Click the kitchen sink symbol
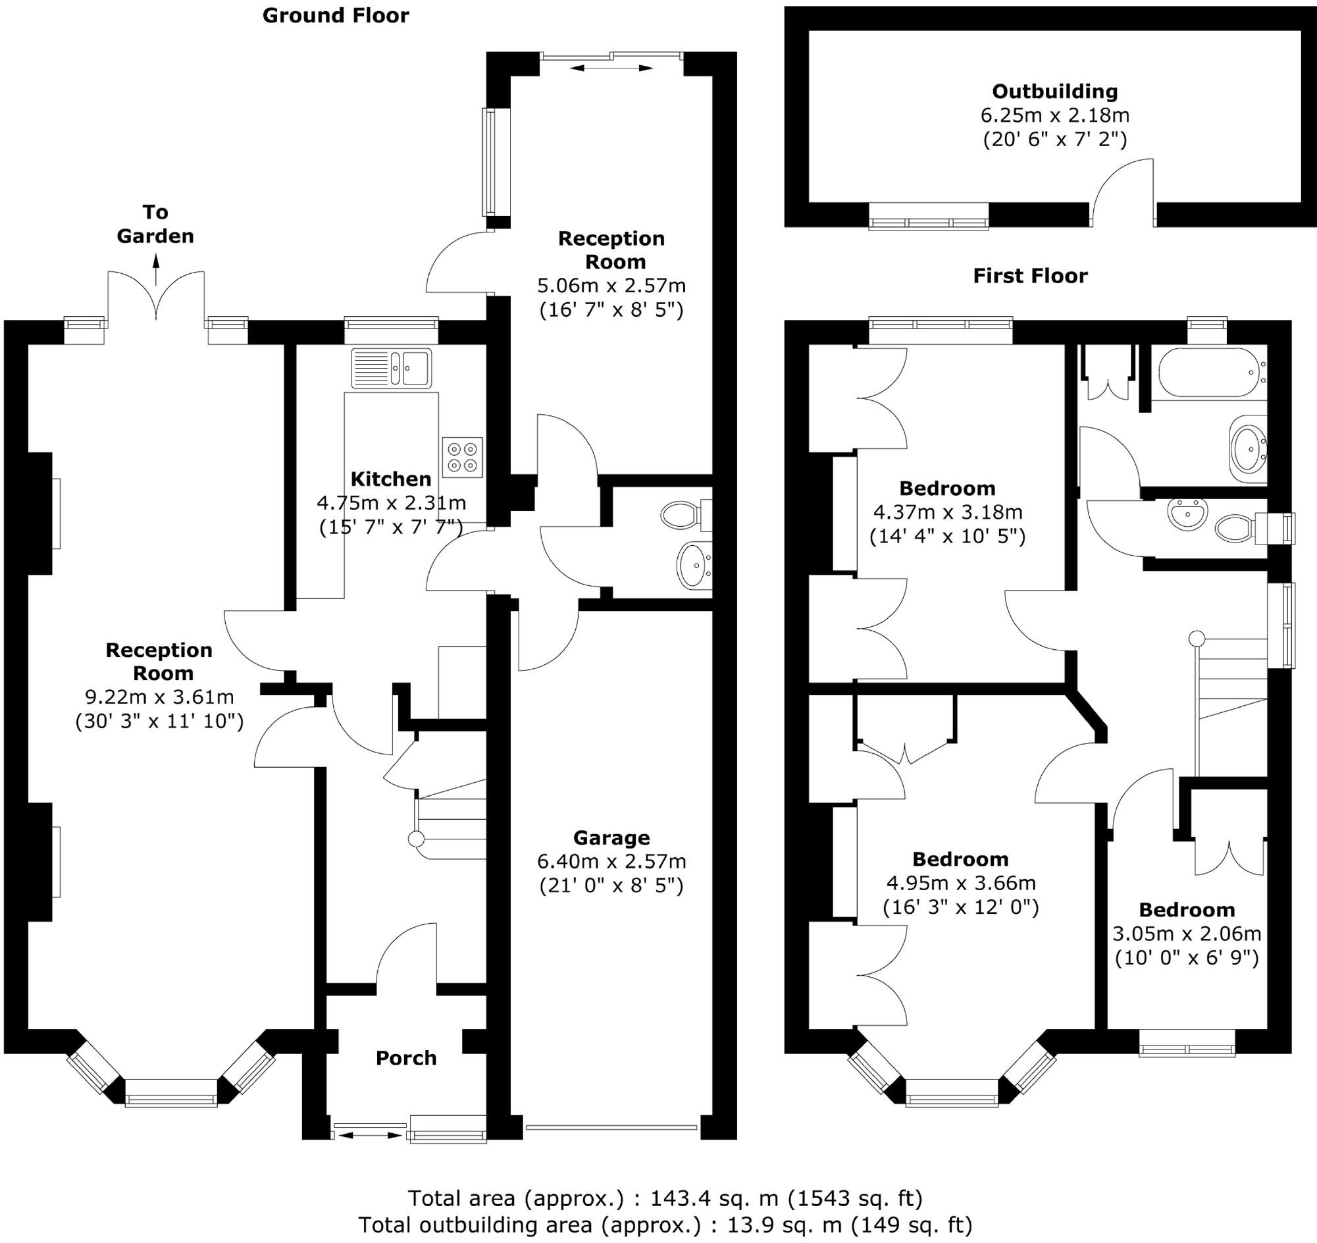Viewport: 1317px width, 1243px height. [x=391, y=368]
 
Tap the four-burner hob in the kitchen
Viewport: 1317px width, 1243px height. [x=463, y=457]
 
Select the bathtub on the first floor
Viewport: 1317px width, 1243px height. [x=1208, y=373]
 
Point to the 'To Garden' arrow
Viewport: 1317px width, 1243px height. [x=157, y=271]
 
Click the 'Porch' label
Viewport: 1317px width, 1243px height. [x=406, y=1058]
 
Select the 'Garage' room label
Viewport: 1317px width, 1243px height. [x=611, y=838]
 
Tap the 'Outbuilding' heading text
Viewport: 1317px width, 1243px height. [x=1054, y=92]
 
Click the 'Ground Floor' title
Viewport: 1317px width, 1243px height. [x=335, y=15]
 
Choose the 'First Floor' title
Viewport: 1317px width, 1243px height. [x=1029, y=276]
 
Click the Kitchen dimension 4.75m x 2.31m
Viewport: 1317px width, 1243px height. [x=391, y=503]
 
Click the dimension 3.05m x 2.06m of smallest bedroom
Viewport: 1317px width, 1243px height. [x=1186, y=934]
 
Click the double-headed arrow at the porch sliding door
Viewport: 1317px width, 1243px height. [x=369, y=1135]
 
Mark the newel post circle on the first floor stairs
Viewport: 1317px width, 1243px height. [x=1197, y=639]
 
